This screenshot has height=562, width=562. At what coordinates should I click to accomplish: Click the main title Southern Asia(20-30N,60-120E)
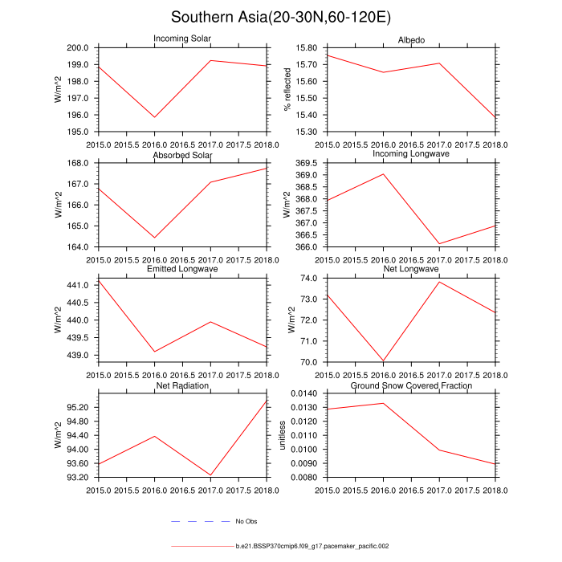tap(280, 18)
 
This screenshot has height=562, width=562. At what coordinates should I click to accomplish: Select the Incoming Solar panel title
tap(182, 40)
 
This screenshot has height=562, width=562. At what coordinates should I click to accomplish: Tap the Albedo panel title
tap(412, 40)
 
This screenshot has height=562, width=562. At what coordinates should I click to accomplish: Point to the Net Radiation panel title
tap(182, 386)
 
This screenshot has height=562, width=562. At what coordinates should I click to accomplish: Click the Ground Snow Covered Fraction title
tap(412, 386)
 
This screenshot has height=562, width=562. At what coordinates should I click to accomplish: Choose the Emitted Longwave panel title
tap(182, 269)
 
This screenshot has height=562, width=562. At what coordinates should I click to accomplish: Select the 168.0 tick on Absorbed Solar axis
tap(81, 163)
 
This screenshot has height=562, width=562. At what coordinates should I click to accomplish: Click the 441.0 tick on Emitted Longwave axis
tap(81, 285)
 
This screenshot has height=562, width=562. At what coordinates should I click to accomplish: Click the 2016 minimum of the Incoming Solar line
tap(154, 117)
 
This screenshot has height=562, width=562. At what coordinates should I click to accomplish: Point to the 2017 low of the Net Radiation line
tap(210, 475)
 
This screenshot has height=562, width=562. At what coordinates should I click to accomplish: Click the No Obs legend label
tap(246, 522)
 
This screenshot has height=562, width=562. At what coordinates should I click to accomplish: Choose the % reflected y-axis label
tap(287, 90)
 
